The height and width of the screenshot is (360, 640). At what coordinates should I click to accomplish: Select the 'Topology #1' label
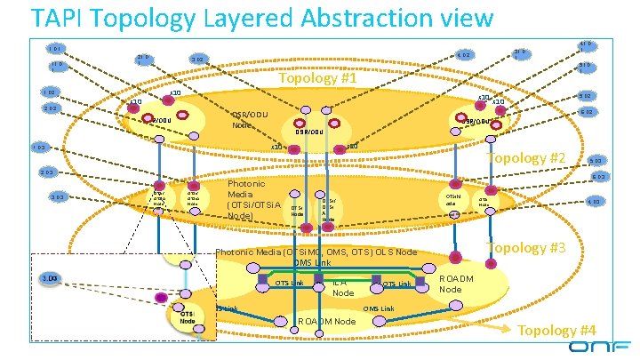317,79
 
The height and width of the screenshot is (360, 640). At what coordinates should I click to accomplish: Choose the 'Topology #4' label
556,331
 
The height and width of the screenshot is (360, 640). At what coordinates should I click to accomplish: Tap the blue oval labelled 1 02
48,92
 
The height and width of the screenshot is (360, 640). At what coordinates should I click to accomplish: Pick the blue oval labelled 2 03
48,172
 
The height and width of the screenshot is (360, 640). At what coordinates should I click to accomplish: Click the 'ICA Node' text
342,287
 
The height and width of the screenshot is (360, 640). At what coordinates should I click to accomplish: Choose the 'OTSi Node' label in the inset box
187,317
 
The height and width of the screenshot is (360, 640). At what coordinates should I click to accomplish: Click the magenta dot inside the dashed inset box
161,297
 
